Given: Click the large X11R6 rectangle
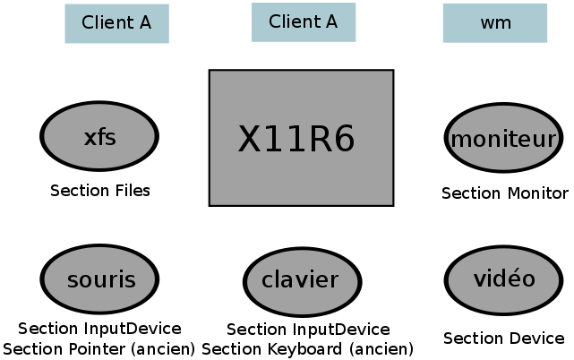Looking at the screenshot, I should click(301, 138).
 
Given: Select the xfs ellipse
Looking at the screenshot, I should click(99, 137).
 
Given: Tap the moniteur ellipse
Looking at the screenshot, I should click(503, 139).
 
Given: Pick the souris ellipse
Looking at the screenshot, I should click(100, 279).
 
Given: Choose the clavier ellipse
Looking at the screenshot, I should click(301, 280).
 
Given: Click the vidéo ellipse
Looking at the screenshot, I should click(503, 279).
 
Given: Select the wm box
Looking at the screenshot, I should click(495, 23).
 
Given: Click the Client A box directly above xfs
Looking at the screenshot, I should click(116, 23).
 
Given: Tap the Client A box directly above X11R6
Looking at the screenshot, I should click(303, 22).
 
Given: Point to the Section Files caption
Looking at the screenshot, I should click(100, 191).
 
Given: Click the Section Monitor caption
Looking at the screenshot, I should click(505, 193).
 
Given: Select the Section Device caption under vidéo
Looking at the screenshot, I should click(504, 339).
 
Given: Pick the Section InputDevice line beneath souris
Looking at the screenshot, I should click(99, 330).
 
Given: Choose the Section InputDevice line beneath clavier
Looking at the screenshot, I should click(308, 330).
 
